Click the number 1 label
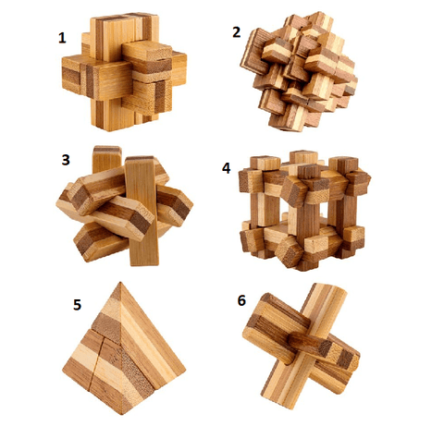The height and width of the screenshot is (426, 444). (62, 38)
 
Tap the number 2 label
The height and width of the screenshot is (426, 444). (236, 32)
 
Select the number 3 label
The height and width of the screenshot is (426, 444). (66, 160)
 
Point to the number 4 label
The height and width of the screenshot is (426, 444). (226, 168)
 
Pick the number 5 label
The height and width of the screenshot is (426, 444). (77, 305)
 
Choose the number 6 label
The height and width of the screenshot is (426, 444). (241, 300)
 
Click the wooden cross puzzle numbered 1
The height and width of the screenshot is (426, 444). (124, 72)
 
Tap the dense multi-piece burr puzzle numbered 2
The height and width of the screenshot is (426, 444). (299, 72)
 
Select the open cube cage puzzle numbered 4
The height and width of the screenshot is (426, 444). (304, 211)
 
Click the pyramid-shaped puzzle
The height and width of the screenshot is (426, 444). (123, 348)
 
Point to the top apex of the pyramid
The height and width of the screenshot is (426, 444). (120, 282)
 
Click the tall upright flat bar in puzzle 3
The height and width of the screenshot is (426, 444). (142, 211)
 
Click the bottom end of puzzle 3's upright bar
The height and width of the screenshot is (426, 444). (144, 264)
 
